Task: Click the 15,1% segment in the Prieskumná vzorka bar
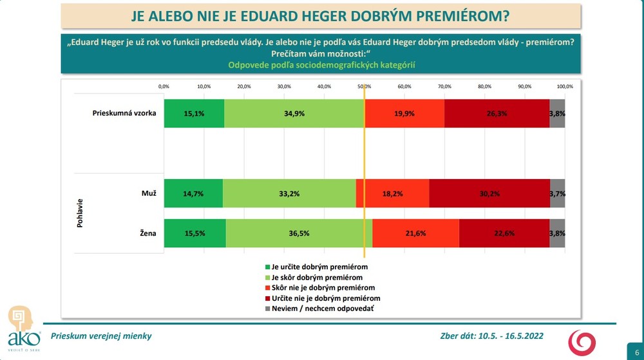(194, 114)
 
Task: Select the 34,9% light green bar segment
(294, 114)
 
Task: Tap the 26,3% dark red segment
(497, 114)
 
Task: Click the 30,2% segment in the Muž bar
(489, 193)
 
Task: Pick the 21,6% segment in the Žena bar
(415, 233)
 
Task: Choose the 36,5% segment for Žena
(299, 233)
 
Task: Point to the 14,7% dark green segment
(193, 193)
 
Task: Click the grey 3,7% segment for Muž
(558, 193)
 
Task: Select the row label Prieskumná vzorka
(124, 114)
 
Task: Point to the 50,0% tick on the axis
(364, 86)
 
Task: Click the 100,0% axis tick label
(565, 86)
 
